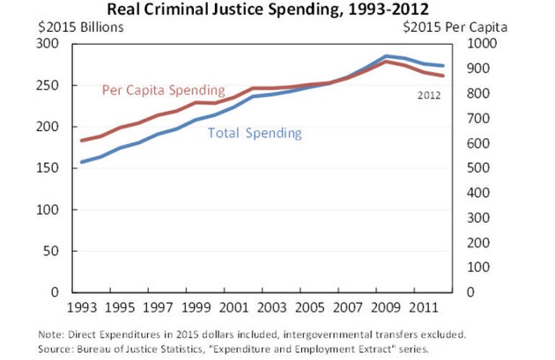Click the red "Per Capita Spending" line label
coord(163,90)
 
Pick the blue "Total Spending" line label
coord(255,134)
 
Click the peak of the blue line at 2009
coord(384,56)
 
